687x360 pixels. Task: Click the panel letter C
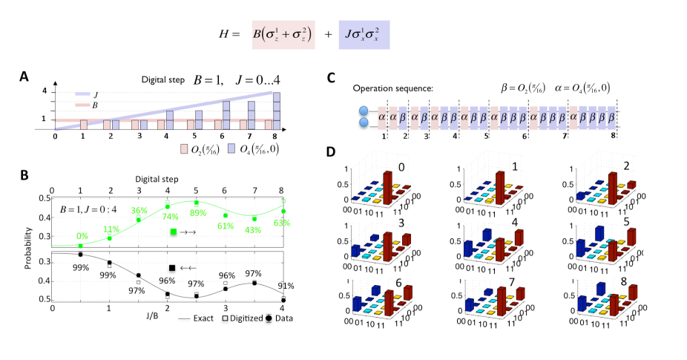tap(332, 76)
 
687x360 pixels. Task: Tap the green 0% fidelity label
tap(82, 236)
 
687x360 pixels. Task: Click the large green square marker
tap(173, 232)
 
